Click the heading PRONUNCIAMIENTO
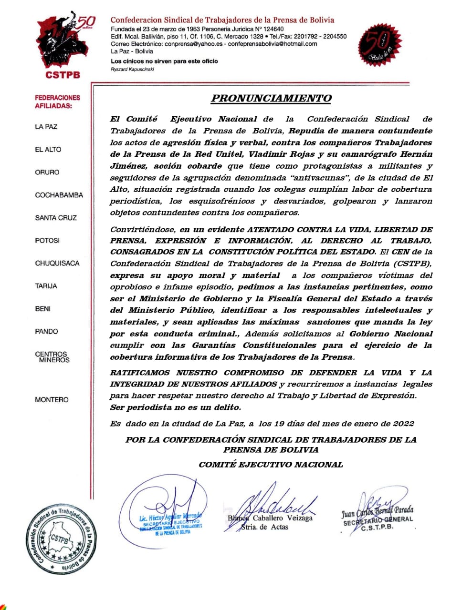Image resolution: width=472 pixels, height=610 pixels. coord(271,99)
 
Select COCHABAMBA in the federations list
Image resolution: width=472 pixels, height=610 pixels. coord(59,195)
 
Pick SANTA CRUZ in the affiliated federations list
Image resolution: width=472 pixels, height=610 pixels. coord(55,218)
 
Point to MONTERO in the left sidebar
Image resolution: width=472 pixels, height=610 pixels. coord(51,399)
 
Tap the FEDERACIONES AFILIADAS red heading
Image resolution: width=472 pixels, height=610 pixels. coord(57,102)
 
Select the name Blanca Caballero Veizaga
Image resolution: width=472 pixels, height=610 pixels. coord(270,518)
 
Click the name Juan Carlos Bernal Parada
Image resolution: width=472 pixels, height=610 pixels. coord(377,511)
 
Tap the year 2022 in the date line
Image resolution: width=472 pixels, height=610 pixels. coord(404,423)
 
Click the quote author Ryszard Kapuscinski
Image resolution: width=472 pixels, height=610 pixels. coord(132,69)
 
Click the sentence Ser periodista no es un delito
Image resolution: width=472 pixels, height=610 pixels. coord(175,407)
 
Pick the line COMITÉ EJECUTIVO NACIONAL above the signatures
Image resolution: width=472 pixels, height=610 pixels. coord(271,464)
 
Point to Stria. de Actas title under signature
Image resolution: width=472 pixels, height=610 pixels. coord(264,527)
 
